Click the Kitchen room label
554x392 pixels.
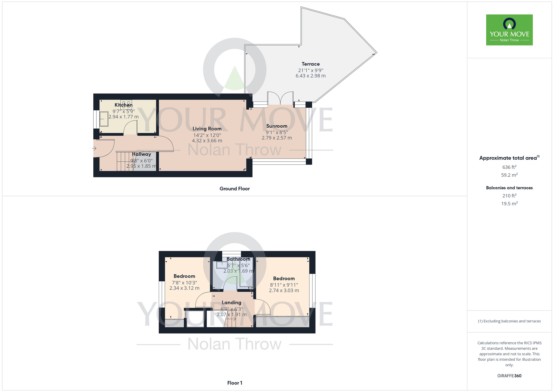tap(124, 105)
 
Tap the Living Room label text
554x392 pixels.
tap(207, 129)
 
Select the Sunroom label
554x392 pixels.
tap(277, 126)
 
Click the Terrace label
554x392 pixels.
tap(311, 64)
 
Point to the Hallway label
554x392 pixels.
tap(142, 154)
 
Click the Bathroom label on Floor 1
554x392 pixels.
tap(238, 259)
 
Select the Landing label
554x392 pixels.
tap(232, 302)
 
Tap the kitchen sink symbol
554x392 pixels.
tap(104, 119)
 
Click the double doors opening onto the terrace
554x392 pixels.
tap(280, 98)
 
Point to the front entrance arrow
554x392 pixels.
tap(94, 148)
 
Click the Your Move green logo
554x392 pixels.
tap(509, 30)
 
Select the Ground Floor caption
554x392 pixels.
tap(235, 189)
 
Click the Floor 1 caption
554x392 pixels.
tap(235, 383)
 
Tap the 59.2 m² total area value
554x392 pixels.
tap(509, 175)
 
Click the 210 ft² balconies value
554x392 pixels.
tap(509, 196)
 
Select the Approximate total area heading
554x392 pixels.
tap(509, 158)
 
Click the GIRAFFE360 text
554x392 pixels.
tap(509, 376)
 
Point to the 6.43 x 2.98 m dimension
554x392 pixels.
tap(311, 76)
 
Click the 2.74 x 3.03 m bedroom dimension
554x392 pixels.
tap(284, 291)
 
